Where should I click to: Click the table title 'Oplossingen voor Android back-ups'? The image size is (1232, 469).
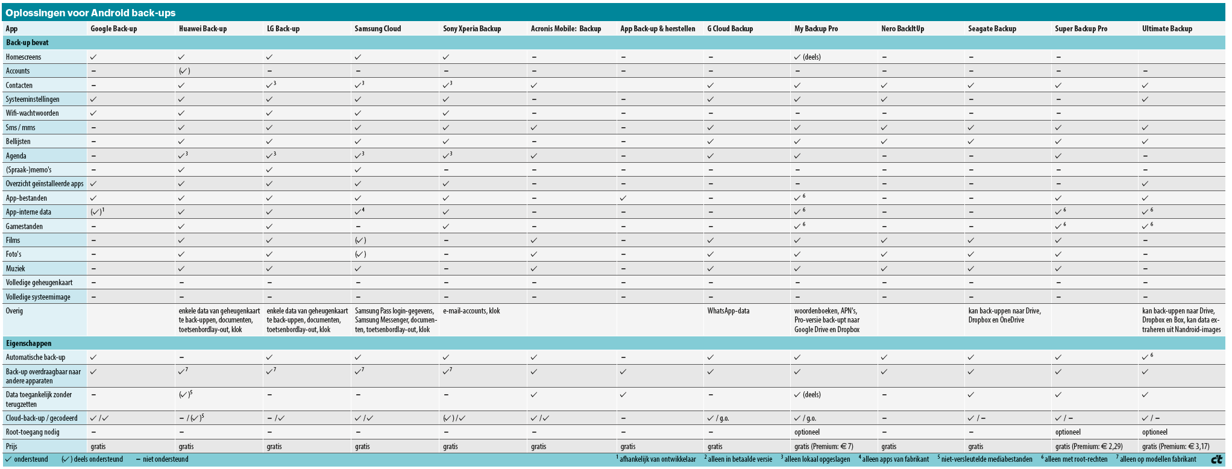click(90, 13)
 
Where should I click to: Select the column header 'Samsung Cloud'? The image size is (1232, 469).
click(377, 29)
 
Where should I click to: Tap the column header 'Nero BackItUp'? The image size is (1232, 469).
click(902, 29)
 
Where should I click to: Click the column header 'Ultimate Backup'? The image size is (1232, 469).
click(1166, 29)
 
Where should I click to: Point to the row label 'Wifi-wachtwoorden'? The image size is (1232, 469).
click(32, 113)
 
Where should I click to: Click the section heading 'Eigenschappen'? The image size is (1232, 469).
click(28, 344)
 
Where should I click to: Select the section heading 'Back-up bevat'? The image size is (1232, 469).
click(27, 43)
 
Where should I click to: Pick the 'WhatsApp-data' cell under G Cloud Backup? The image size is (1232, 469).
click(728, 311)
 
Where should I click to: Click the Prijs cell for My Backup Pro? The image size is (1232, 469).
click(823, 447)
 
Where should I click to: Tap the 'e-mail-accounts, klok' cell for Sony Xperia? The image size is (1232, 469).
click(471, 311)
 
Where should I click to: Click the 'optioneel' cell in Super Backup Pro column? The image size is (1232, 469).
click(1067, 432)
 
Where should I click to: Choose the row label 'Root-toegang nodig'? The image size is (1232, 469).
click(33, 432)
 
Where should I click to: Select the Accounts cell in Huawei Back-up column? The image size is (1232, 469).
click(184, 71)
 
